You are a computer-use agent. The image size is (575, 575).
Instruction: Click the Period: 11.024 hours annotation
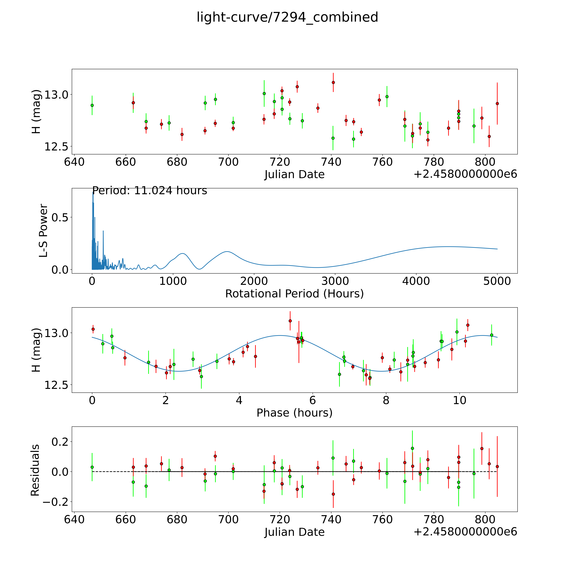pos(149,190)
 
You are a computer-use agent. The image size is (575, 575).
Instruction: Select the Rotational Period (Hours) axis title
pos(294,294)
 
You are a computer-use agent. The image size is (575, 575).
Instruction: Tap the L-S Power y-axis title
pos(43,231)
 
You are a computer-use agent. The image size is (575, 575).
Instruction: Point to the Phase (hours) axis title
pos(294,413)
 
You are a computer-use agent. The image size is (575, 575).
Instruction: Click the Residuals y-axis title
pos(35,470)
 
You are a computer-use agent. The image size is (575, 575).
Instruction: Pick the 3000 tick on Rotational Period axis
pos(335,281)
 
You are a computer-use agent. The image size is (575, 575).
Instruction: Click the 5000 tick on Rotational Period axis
pos(497,281)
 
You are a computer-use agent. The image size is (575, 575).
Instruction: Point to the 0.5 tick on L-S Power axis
pos(60,217)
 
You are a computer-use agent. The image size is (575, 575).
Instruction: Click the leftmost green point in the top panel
pos(92,105)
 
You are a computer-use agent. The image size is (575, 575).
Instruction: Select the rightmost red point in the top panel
pos(497,104)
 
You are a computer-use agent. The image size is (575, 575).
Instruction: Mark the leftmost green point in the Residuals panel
pos(92,467)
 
